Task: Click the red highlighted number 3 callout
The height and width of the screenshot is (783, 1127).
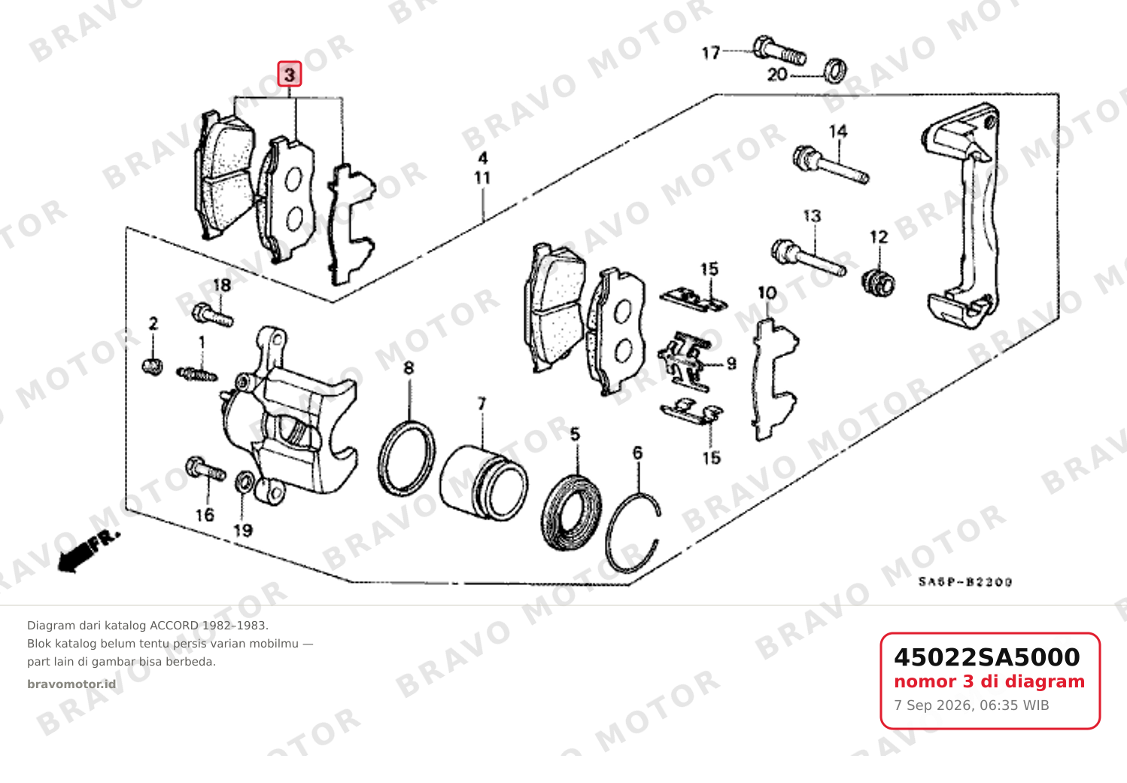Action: point(290,75)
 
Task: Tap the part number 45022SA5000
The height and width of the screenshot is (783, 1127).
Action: point(986,657)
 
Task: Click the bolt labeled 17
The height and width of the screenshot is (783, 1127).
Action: point(779,53)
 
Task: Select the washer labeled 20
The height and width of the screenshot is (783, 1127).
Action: point(835,71)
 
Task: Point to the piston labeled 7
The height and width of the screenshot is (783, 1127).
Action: point(484,483)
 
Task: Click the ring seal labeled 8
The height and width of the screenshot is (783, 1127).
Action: point(406,459)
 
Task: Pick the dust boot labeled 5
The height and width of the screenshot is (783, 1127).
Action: point(571,511)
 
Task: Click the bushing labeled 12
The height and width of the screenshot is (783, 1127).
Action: point(879,284)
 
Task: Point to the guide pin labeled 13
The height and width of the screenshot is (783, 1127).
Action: point(809,258)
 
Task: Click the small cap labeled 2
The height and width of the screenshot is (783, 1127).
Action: point(153,366)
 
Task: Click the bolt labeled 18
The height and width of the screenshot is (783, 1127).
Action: point(213,315)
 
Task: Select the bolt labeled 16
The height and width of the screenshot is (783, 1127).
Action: point(205,469)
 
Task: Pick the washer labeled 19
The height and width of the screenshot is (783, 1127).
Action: point(244,481)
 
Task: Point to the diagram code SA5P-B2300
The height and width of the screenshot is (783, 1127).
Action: point(965,582)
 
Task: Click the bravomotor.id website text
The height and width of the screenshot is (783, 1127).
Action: point(71,684)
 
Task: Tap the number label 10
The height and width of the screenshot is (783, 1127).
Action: point(767,293)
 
